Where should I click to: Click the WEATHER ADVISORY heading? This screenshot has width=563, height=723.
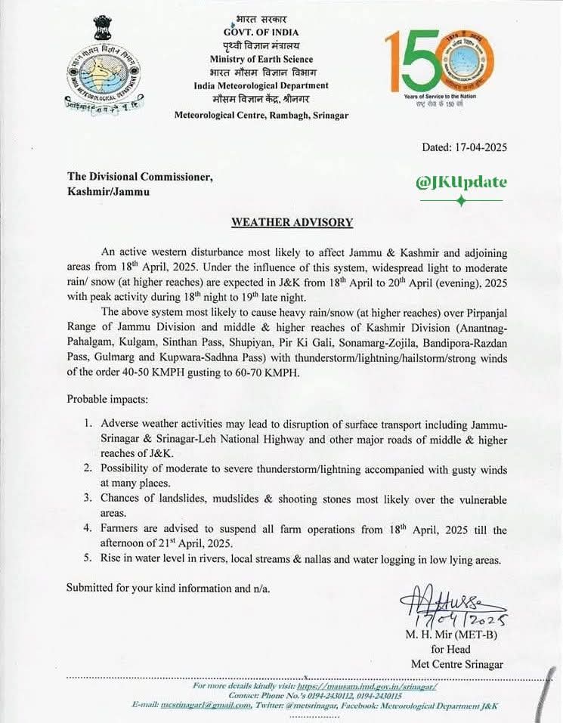pos(292,222)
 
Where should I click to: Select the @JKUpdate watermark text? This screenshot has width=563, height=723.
pos(461,182)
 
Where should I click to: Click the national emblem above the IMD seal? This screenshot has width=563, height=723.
pos(103,27)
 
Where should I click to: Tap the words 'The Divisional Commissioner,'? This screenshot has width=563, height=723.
pos(141,177)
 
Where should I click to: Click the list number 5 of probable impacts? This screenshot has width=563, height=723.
pos(88,559)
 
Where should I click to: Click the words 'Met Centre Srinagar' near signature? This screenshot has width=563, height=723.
pos(457,664)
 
